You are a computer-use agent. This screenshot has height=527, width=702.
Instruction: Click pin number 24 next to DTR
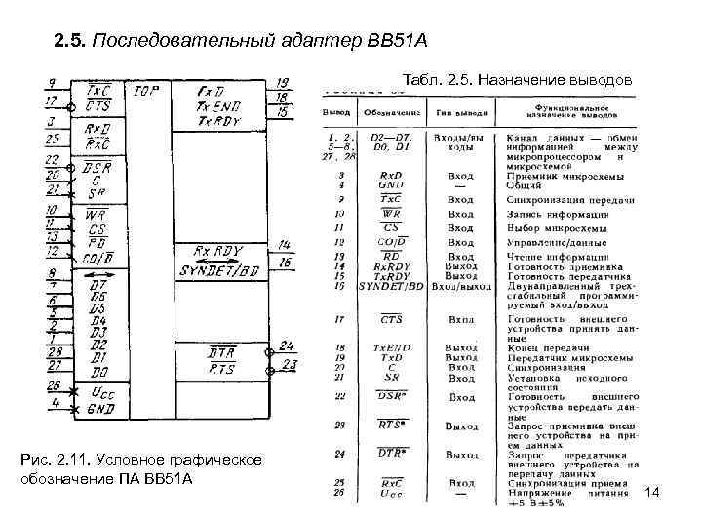coord(286,345)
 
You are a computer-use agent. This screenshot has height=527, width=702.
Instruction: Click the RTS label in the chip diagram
coord(221,368)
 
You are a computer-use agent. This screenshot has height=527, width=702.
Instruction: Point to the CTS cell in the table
coord(390,319)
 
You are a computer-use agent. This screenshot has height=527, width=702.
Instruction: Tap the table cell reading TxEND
coord(390,346)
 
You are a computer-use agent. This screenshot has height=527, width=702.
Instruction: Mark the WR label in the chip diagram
coord(97,213)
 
